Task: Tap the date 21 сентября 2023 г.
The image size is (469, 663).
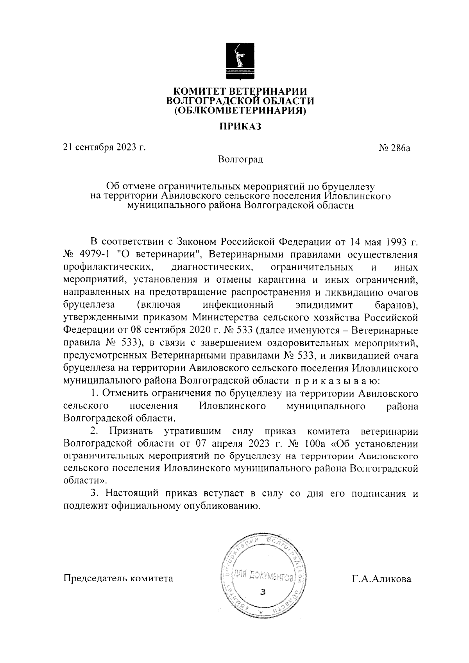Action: pyautogui.click(x=104, y=147)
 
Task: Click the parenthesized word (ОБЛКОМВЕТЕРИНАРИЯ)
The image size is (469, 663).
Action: pyautogui.click(x=240, y=111)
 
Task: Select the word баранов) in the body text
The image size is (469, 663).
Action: pyautogui.click(x=394, y=305)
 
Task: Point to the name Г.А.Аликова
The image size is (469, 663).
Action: pyautogui.click(x=381, y=579)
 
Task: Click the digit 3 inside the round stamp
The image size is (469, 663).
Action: pyautogui.click(x=263, y=592)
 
